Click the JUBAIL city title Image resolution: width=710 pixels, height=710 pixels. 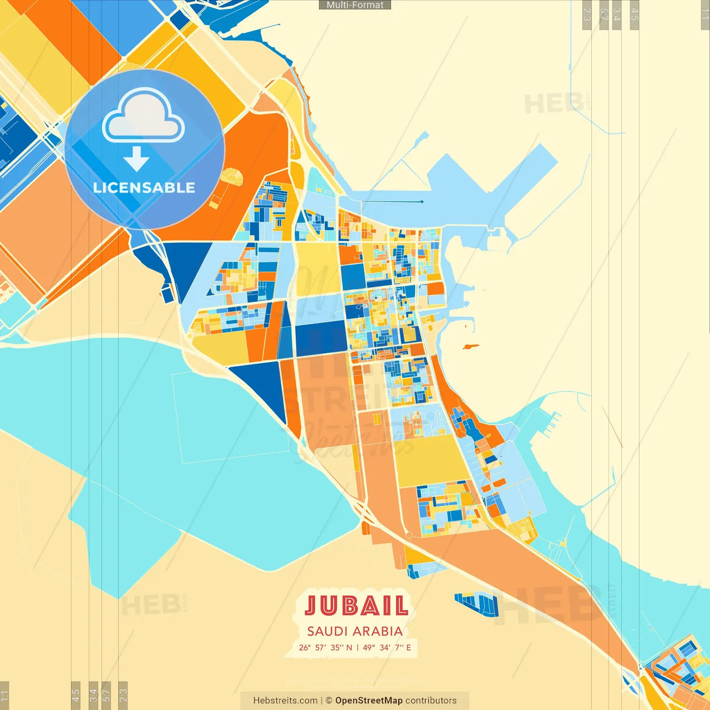coord(356,606)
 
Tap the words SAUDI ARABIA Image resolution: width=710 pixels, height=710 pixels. coord(355,631)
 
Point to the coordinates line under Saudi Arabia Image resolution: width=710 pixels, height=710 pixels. coord(355,647)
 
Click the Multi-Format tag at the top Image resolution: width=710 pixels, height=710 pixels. coord(355,5)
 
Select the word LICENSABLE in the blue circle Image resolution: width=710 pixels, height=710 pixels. coord(144,187)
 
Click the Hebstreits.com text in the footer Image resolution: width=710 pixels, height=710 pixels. coord(285,701)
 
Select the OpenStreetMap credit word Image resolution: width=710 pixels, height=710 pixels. coord(369,701)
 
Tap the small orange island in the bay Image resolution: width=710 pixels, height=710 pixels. coord(470,347)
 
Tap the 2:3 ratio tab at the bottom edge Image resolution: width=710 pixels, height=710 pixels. coord(123,694)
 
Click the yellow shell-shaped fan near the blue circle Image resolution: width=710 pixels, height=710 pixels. coord(232,177)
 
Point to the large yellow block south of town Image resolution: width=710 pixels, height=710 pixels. coord(432,460)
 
